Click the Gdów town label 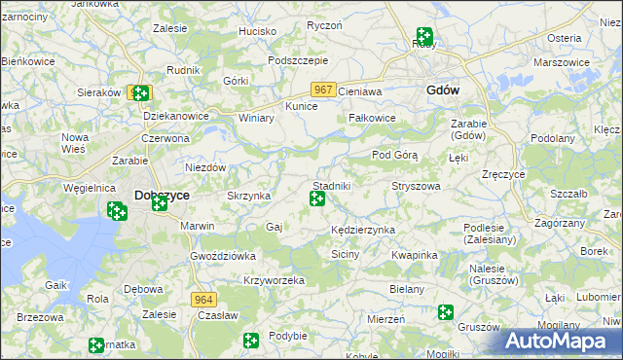point(443,90)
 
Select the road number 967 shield point(325,90)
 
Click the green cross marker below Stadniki point(317,199)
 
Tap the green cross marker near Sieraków point(140,93)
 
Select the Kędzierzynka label point(362,230)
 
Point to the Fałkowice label point(372,118)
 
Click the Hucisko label point(258,31)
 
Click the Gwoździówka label point(222,255)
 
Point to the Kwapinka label point(415,255)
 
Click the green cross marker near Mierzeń point(446,312)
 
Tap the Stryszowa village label point(416,185)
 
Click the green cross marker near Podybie point(251,341)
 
